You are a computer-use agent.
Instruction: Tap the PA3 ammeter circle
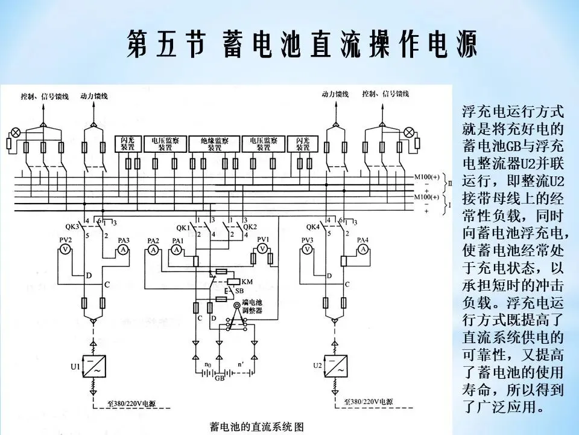(x=123, y=249)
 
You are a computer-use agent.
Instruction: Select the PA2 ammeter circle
(x=153, y=250)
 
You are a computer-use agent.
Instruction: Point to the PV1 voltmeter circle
(x=262, y=248)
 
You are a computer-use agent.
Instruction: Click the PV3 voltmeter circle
(x=308, y=249)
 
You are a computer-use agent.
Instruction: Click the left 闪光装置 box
(x=127, y=144)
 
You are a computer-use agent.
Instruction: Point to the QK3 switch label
(x=72, y=227)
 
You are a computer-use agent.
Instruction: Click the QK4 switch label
(x=312, y=228)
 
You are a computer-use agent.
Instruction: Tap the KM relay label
(x=247, y=282)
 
